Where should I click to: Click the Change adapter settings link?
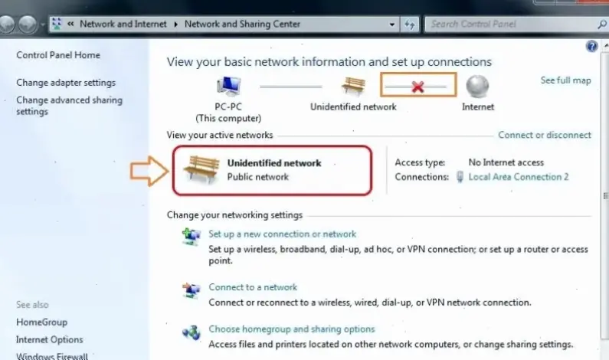click(66, 83)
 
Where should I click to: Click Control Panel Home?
click(58, 55)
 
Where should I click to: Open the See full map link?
click(565, 80)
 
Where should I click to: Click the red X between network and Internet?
click(417, 87)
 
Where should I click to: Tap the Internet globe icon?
click(477, 86)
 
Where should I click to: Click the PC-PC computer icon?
click(228, 87)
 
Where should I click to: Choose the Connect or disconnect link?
click(545, 135)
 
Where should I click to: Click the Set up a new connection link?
click(282, 234)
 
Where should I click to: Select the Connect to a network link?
click(253, 287)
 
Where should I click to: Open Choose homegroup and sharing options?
click(292, 329)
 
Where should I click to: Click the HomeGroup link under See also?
click(41, 322)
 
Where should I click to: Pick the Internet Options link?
click(50, 339)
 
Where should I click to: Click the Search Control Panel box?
click(506, 24)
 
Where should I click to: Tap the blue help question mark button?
click(591, 46)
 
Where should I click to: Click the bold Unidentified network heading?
click(274, 163)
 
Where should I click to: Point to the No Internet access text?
click(506, 162)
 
